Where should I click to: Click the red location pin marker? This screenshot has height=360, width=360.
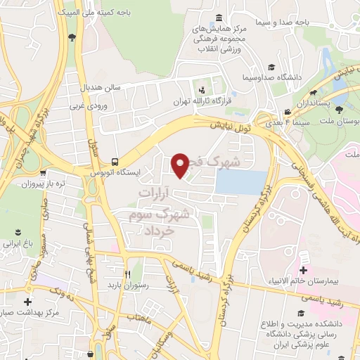click(181, 165)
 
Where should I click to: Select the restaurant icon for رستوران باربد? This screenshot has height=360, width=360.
click(127, 274)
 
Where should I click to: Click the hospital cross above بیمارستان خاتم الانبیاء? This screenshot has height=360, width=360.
click(303, 270)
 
